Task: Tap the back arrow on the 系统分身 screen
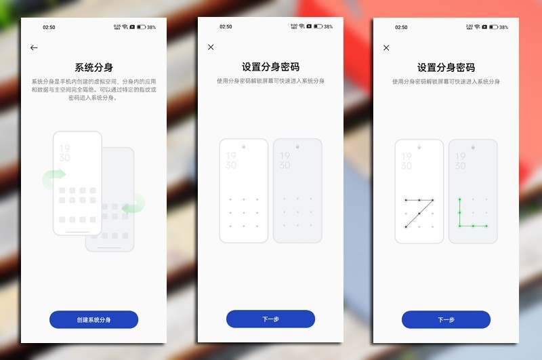point(34,48)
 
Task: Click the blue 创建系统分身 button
point(93,319)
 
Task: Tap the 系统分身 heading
point(93,67)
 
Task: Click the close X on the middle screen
point(211,47)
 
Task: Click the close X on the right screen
point(386,47)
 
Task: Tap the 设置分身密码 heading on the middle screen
point(270,67)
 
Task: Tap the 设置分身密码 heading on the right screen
point(446,67)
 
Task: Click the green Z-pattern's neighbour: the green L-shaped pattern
point(472,213)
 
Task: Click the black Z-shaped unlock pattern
point(419,213)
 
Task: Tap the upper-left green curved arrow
point(53,179)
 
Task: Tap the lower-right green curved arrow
point(134,202)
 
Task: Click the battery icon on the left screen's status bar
point(141,27)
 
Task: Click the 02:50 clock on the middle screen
point(226,27)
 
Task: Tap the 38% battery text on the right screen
point(503,27)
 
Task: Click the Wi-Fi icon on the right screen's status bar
point(477,27)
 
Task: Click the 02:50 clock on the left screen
point(49,27)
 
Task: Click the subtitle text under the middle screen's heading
point(270,81)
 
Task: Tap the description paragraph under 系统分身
point(93,89)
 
